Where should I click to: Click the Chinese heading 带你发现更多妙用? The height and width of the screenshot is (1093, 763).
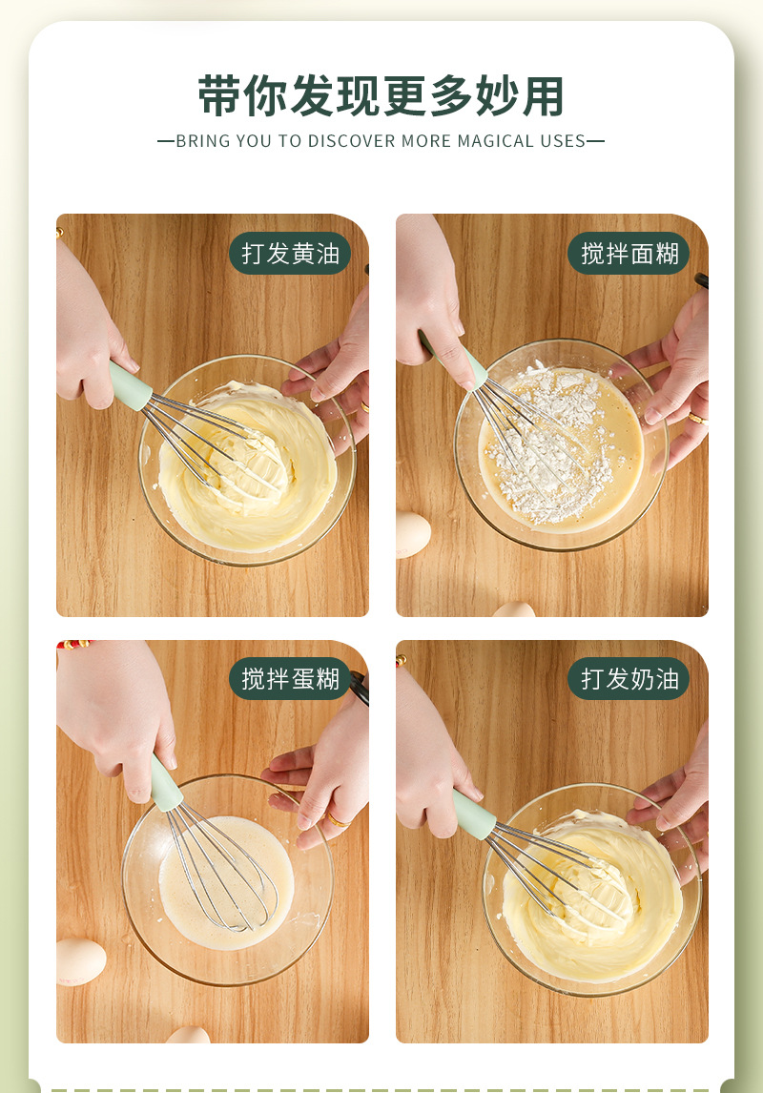[381, 95]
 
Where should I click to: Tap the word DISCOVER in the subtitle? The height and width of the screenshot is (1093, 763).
[350, 141]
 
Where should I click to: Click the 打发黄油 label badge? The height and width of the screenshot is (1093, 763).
[290, 254]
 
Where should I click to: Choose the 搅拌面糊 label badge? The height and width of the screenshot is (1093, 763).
[629, 254]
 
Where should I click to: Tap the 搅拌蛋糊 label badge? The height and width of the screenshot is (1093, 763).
[290, 679]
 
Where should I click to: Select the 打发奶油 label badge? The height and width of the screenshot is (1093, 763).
[629, 679]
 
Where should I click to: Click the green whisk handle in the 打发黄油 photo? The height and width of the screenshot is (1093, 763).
[131, 386]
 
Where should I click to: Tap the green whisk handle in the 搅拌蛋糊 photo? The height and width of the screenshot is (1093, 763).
[166, 784]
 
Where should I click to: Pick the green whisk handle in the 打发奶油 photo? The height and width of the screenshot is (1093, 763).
[474, 814]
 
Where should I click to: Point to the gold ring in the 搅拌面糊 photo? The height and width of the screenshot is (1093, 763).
[696, 418]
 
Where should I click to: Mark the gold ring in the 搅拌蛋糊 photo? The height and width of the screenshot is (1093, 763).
[337, 819]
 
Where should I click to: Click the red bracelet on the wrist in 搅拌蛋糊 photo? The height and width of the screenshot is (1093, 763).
[72, 646]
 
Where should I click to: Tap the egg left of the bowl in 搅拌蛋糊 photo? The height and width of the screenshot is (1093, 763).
[80, 961]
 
